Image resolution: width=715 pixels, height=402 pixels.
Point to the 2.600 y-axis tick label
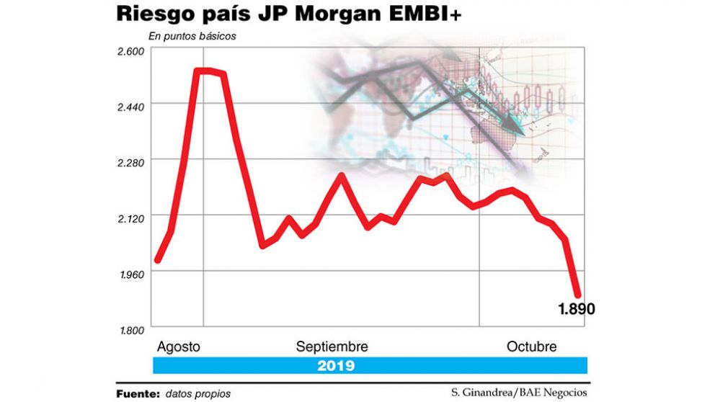coord(131,50)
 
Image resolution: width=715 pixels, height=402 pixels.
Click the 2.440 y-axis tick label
coord(131,106)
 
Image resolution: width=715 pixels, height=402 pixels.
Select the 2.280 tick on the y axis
coord(131,162)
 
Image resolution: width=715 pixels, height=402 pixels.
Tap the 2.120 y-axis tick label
coord(131,218)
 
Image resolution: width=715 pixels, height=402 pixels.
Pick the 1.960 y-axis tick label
coord(131,274)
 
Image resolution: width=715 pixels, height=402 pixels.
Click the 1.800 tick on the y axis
coord(131,329)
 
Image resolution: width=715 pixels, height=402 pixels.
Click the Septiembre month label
coord(332,347)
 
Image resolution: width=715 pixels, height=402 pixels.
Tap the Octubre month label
coord(530,347)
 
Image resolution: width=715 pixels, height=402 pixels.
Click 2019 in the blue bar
coord(336,365)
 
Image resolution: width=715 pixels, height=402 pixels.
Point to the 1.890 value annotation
coord(576,309)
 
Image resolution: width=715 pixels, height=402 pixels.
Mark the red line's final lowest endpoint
coord(578,295)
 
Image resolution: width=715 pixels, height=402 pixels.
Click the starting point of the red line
coord(157,261)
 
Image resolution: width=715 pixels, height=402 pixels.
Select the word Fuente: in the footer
coord(137,393)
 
